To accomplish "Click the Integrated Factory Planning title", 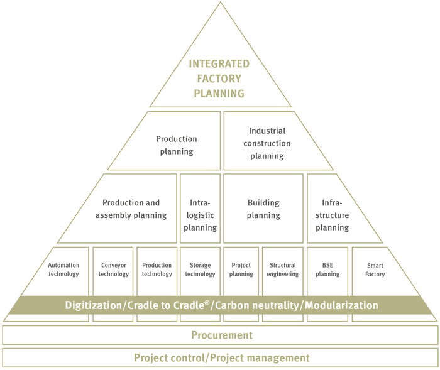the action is [x=219, y=79].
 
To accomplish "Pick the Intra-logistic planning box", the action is [x=200, y=209].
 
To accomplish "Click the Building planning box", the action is [x=263, y=209].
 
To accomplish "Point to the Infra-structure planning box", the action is [x=337, y=209].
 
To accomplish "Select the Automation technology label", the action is [x=63, y=269].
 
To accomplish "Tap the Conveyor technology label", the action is [x=114, y=269].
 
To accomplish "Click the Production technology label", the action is [x=157, y=269].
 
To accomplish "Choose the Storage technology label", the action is [x=200, y=269].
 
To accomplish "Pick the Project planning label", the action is [x=241, y=269].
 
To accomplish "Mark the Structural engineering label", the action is [x=283, y=269].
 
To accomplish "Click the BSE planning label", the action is [x=327, y=269].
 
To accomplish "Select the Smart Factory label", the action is [x=375, y=270].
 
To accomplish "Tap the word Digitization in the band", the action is [x=94, y=305].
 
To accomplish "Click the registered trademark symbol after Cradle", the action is [x=207, y=302].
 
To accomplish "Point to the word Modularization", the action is [x=341, y=305].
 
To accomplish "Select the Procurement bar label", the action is [x=222, y=335].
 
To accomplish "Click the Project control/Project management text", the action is [x=222, y=358].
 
